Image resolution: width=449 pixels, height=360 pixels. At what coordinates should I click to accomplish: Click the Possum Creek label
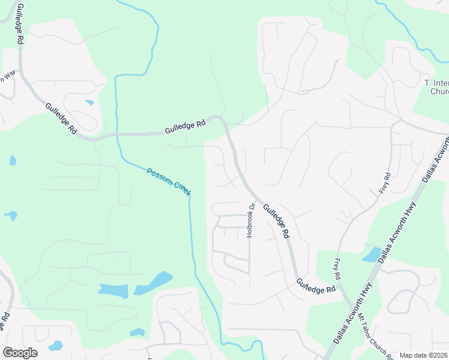tap(169, 180)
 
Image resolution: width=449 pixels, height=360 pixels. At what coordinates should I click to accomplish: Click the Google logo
tap(19, 353)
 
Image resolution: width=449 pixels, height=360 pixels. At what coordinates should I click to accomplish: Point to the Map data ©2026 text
tap(424, 355)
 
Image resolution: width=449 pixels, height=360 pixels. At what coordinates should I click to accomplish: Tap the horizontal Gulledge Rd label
tap(186, 125)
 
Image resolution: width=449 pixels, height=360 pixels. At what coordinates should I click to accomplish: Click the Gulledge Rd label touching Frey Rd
tap(315, 286)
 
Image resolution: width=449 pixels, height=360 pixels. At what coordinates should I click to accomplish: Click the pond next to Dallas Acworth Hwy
tap(372, 254)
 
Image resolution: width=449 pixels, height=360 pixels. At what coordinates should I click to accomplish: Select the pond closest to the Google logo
tap(55, 346)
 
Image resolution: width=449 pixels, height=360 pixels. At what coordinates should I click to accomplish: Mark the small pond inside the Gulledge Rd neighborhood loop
tap(89, 103)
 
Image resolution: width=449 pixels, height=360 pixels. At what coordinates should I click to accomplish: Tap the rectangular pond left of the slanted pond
tap(113, 290)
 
